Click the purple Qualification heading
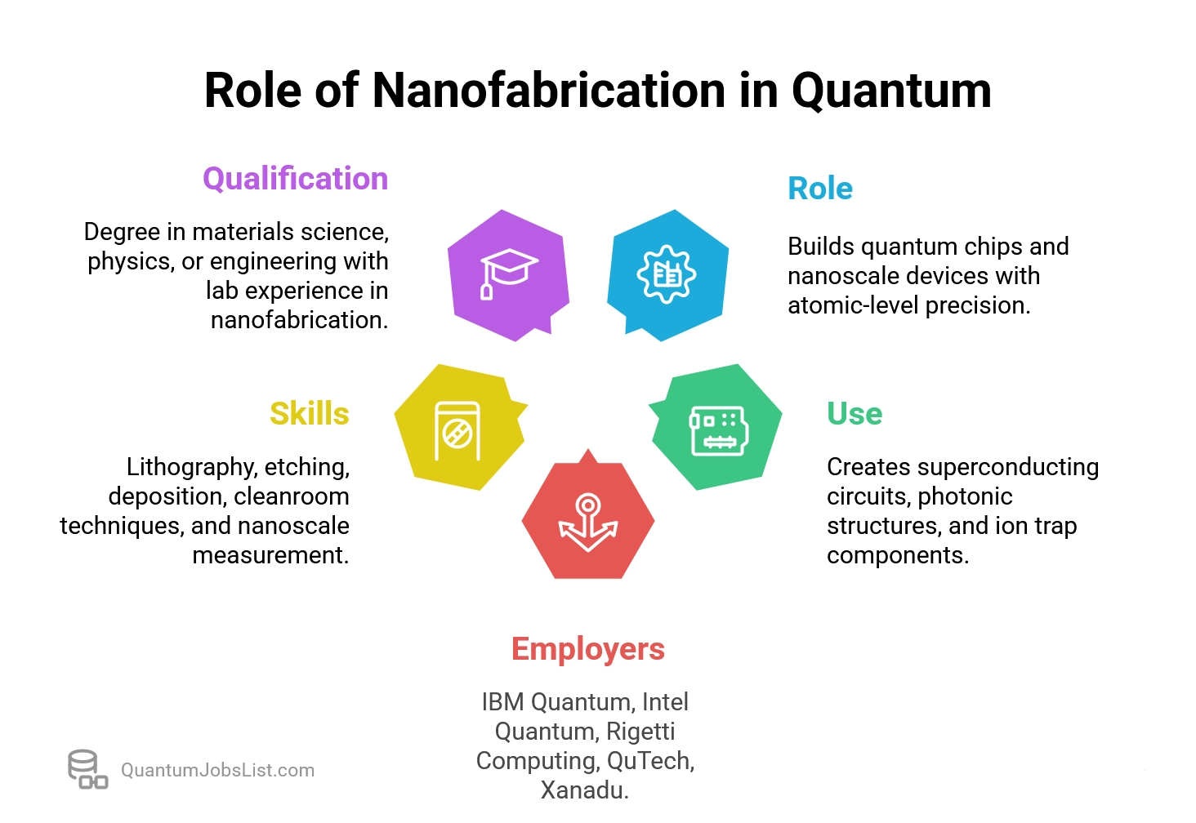(x=295, y=179)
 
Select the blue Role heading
(x=819, y=189)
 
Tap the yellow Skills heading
(x=309, y=414)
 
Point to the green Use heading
(x=854, y=414)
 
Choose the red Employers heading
(x=587, y=649)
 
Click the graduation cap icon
(x=508, y=273)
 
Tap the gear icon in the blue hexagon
(x=667, y=274)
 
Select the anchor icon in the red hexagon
(x=587, y=523)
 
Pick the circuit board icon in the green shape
(x=718, y=429)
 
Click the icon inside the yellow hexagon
(x=457, y=429)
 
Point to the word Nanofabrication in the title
(x=549, y=90)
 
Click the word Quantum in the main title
(x=891, y=90)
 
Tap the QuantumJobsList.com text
(x=217, y=770)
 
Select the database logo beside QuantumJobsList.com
(x=87, y=769)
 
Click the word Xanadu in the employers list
(x=583, y=790)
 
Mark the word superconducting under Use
(x=1007, y=467)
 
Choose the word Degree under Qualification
(x=122, y=232)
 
